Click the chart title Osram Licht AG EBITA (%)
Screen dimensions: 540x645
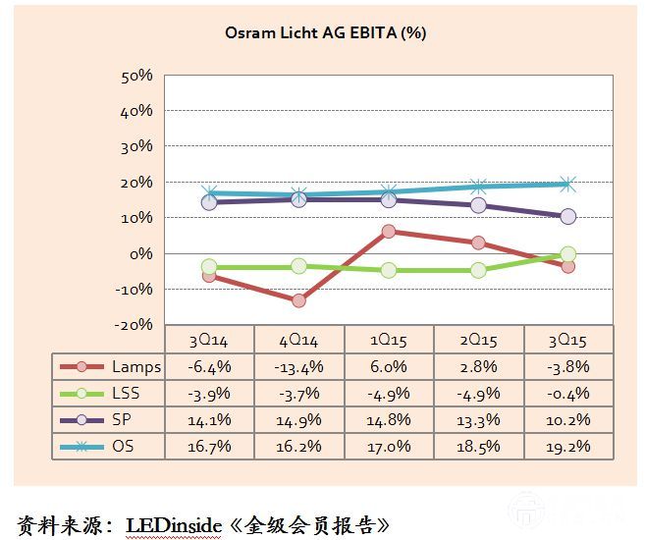(x=324, y=32)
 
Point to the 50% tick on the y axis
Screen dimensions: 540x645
(x=136, y=76)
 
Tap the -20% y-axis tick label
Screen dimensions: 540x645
(x=134, y=324)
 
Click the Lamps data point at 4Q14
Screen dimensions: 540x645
(x=298, y=300)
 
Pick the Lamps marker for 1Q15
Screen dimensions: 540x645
(x=389, y=232)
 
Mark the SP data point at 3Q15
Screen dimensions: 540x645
(x=567, y=217)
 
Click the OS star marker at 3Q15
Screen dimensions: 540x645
(x=567, y=184)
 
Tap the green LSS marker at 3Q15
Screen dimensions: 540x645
(x=567, y=254)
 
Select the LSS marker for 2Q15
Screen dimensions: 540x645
(x=478, y=270)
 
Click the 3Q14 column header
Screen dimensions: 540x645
(x=209, y=341)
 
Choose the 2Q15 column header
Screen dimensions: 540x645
(x=478, y=341)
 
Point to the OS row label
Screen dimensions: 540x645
(x=123, y=444)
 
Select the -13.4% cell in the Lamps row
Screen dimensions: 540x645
(x=298, y=366)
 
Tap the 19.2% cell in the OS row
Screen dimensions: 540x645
(x=567, y=444)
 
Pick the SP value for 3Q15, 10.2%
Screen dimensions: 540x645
(x=567, y=418)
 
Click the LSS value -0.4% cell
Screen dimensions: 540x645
(x=567, y=393)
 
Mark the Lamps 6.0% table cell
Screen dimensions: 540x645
(x=389, y=366)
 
